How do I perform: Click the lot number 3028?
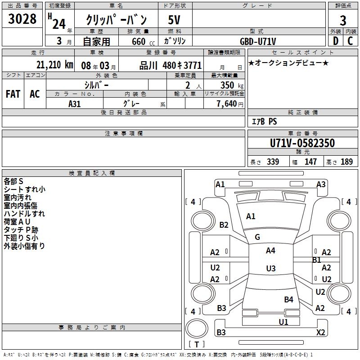tap(22, 20)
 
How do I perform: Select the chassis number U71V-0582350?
tap(302, 143)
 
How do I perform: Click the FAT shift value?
tap(13, 94)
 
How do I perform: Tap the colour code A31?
tap(75, 103)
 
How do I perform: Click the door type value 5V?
tap(175, 20)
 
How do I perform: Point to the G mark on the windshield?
tap(257, 237)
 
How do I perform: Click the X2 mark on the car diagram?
tap(320, 333)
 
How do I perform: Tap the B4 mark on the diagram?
tap(288, 299)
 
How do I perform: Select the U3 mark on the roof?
tap(270, 269)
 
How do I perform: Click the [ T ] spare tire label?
tap(196, 344)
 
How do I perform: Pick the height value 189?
tap(346, 162)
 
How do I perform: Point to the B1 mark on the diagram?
tap(316, 260)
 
